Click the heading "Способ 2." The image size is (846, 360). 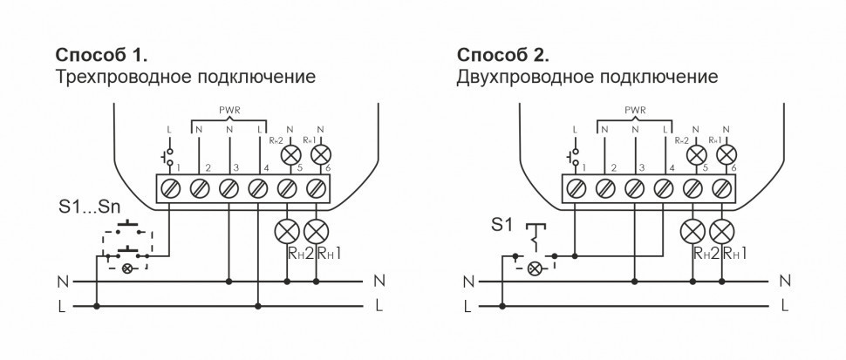point(503,56)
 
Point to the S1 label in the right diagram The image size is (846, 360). point(501,226)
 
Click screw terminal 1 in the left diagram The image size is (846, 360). point(169,187)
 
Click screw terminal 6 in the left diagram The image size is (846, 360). point(317,187)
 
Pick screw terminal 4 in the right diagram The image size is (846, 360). point(664,187)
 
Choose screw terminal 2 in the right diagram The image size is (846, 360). point(604,187)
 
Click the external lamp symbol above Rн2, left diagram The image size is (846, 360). point(288,231)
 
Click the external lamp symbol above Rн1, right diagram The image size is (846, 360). point(721,231)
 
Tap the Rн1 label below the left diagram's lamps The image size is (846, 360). point(328,254)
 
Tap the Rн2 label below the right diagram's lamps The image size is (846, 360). point(706,254)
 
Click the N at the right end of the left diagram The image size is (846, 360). point(379,281)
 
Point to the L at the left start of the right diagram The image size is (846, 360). point(468,307)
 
